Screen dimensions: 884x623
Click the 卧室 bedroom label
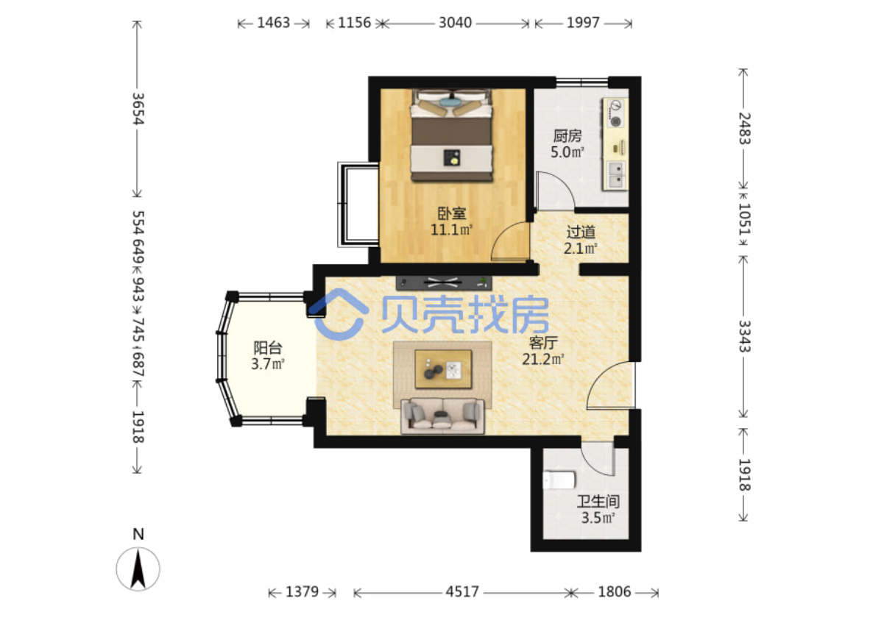click(452, 214)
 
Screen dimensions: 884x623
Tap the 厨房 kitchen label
click(567, 136)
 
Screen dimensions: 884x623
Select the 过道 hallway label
click(581, 232)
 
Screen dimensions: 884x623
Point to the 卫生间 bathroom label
click(598, 502)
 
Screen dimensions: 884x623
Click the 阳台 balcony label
click(268, 348)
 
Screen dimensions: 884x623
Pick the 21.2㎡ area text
click(543, 360)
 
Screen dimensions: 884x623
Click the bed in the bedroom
click(452, 135)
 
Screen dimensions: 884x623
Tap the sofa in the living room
click(443, 416)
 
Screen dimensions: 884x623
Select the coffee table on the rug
click(443, 369)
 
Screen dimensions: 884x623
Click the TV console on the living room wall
click(444, 282)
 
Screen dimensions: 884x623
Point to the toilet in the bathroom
click(559, 480)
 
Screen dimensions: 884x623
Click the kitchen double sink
click(615, 175)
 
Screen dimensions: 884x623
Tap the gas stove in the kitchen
click(615, 113)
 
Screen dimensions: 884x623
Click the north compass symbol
click(138, 569)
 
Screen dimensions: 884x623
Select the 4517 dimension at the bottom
click(462, 592)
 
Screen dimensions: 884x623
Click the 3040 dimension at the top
click(456, 23)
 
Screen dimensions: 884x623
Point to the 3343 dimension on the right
click(745, 336)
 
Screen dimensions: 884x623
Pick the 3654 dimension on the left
click(138, 109)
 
